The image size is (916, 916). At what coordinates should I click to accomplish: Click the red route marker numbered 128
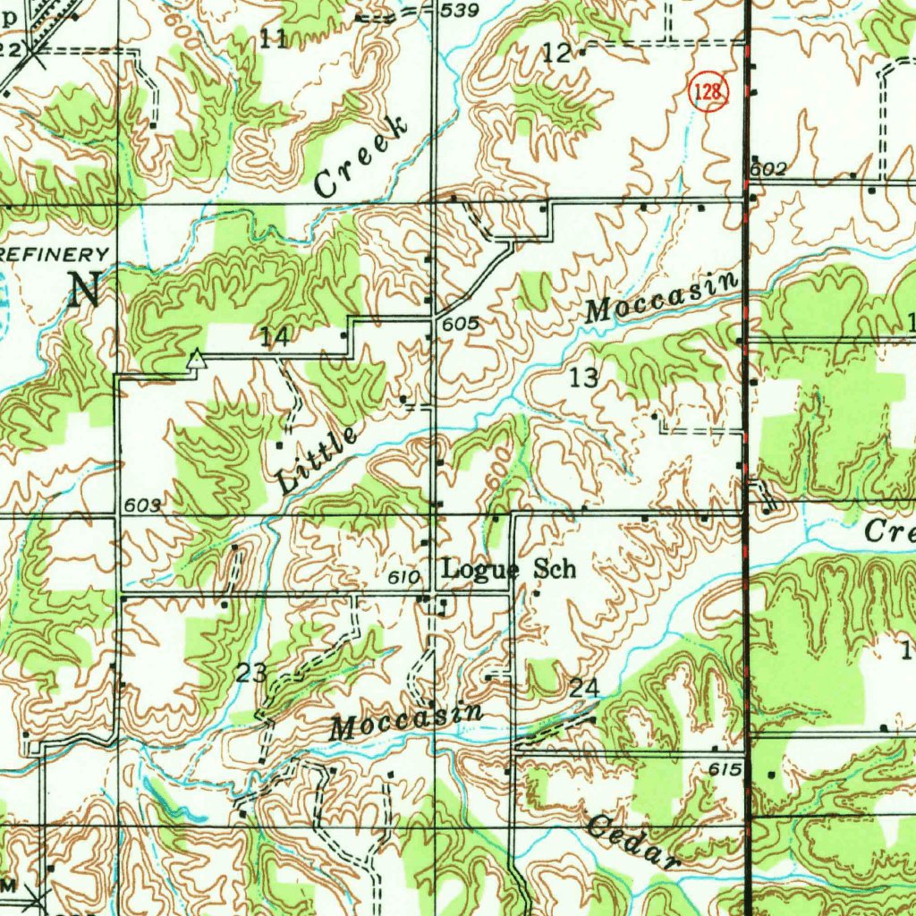pos(708,92)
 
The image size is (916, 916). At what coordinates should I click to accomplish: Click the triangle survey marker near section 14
pos(196,360)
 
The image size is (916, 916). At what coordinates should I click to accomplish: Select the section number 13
pos(583,377)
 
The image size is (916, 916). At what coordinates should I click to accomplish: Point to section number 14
pos(275,337)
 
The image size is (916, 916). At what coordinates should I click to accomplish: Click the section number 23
pos(252,673)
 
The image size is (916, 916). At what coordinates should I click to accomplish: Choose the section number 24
pos(583,688)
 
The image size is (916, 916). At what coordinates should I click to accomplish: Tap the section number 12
pos(556,54)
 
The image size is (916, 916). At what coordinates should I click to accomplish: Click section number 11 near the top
pos(275,38)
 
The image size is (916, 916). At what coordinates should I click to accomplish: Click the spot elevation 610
pos(404,579)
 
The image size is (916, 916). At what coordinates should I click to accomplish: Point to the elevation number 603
pos(142,505)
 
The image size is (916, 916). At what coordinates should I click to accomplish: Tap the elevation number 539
pos(462,10)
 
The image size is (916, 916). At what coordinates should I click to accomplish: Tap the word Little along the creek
pos(317,460)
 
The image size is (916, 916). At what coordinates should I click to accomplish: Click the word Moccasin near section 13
pos(662,299)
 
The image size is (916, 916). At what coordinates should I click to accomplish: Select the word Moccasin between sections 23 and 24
pos(406,721)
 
